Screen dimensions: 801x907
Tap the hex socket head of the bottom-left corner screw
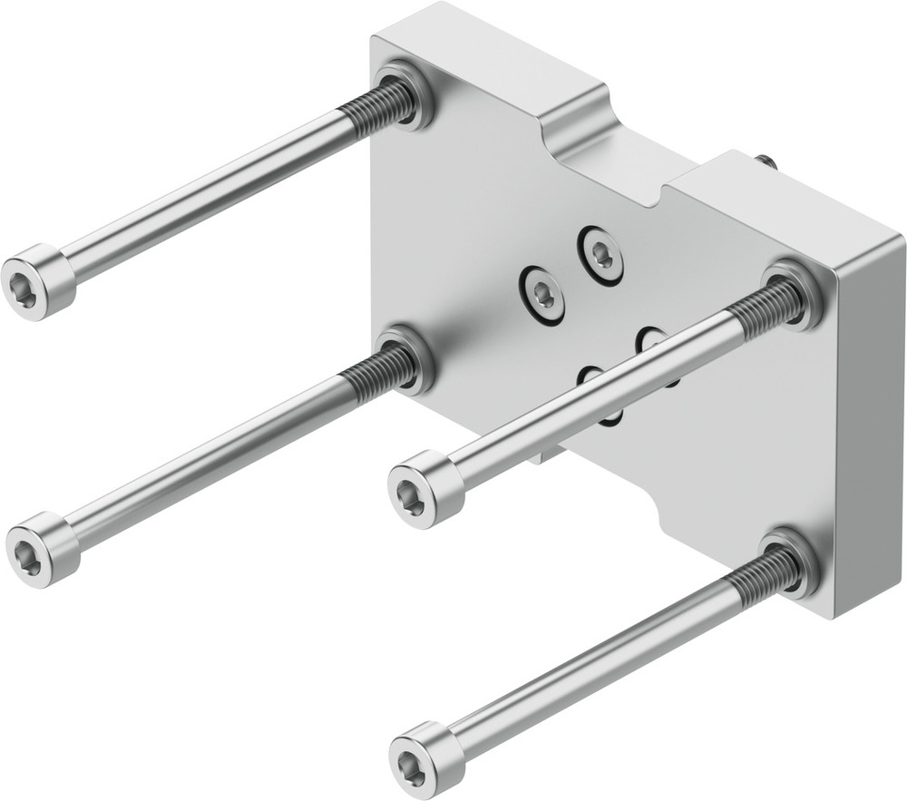[36, 550]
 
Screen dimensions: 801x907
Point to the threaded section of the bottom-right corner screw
[761, 581]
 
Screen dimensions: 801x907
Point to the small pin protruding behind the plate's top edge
[765, 161]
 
